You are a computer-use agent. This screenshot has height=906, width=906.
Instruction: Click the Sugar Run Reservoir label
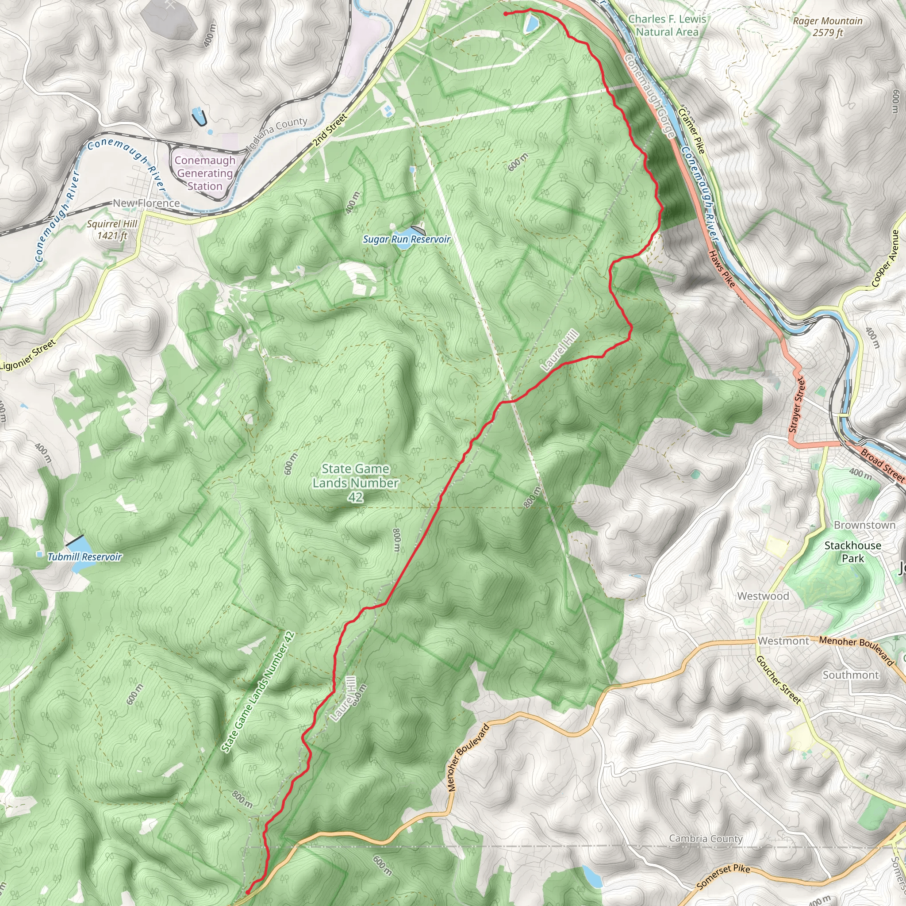point(406,239)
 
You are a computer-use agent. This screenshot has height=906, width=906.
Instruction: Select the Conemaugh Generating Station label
point(205,173)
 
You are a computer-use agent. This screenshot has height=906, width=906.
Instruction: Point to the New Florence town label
point(146,203)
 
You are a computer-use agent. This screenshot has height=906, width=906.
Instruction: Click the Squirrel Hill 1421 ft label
point(112,229)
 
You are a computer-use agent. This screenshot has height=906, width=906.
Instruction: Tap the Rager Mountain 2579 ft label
point(828,27)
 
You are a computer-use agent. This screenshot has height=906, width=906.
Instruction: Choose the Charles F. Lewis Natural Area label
point(667,25)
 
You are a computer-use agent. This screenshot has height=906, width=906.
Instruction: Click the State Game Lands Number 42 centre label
point(356,483)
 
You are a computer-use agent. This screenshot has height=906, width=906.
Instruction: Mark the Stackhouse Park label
point(852,552)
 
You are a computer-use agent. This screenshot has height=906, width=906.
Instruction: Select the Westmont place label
point(783,641)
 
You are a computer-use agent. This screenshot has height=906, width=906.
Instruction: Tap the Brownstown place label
point(864,525)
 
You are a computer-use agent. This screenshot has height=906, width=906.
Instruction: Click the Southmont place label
point(851,675)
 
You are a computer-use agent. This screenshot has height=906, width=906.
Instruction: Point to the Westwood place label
point(763,596)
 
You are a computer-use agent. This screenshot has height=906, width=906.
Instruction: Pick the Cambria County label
point(706,838)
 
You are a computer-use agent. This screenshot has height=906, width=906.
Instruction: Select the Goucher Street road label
point(779,680)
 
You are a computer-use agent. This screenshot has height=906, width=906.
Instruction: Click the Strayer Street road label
point(797,404)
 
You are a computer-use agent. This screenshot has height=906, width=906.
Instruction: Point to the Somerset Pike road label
point(723,876)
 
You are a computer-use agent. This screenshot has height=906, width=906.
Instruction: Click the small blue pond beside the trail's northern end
point(532,23)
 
